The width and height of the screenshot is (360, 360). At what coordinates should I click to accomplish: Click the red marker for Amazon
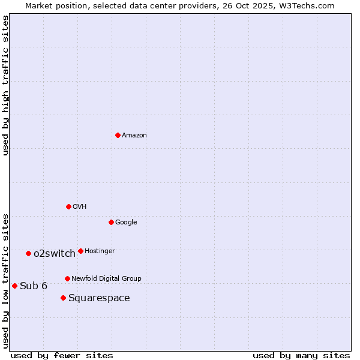click(118, 135)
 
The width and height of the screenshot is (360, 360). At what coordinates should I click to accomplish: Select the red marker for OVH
click(68, 206)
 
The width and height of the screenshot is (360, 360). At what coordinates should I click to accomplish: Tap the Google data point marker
click(111, 222)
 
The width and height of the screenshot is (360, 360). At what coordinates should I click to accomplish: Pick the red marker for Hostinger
click(80, 251)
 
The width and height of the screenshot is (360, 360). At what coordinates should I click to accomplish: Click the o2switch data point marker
click(28, 253)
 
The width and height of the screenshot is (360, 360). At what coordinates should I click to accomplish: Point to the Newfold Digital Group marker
click(67, 278)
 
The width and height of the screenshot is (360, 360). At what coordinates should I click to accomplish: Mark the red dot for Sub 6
click(14, 286)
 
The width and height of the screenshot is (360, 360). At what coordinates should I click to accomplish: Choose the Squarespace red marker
click(63, 298)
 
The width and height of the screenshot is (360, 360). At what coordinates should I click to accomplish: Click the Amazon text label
click(134, 136)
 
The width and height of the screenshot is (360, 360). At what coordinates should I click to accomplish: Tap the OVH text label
click(80, 207)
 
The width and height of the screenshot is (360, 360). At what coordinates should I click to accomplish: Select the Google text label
click(126, 223)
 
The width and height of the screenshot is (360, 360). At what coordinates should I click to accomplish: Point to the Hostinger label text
click(100, 251)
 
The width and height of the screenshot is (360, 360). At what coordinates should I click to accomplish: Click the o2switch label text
click(55, 254)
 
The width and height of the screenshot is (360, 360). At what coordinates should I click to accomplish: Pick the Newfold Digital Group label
click(106, 279)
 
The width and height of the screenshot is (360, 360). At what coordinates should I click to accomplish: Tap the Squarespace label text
click(99, 298)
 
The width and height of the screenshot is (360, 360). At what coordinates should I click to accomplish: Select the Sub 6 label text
click(34, 286)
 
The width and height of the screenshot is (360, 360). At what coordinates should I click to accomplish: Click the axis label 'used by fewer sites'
click(62, 355)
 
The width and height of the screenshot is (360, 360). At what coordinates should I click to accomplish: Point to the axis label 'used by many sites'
click(301, 355)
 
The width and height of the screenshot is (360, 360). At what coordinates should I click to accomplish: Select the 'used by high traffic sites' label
click(6, 85)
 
